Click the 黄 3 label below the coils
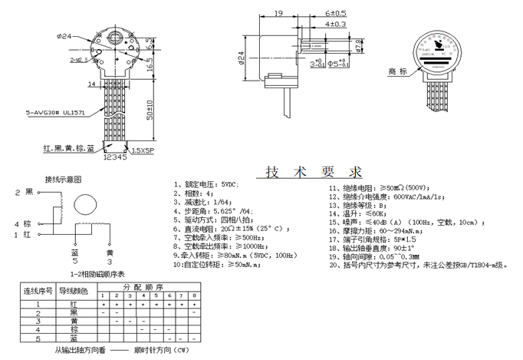pyautogui.click(x=110, y=257)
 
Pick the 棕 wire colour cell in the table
pyautogui.click(x=73, y=329)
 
